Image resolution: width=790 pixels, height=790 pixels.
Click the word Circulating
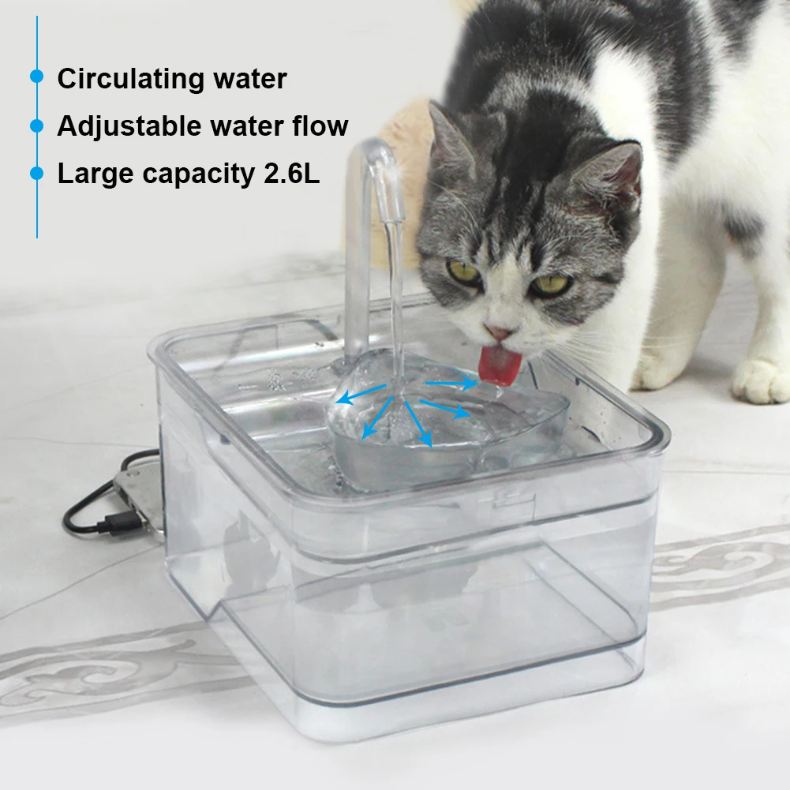coord(130,79)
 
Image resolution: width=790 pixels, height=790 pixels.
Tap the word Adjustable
coord(129,126)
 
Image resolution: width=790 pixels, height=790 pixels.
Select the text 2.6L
coord(292,174)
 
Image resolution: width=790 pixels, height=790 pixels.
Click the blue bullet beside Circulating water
coord(37,76)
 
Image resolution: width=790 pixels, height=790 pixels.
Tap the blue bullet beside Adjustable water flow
coord(37,125)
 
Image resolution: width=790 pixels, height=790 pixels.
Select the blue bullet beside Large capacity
coord(37,173)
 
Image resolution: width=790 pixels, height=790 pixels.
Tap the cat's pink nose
coord(498,331)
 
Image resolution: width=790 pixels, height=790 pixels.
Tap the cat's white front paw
coord(760,381)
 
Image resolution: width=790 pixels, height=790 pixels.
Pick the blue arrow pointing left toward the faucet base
coord(361,394)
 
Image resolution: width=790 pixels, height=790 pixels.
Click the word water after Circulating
coord(250,79)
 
